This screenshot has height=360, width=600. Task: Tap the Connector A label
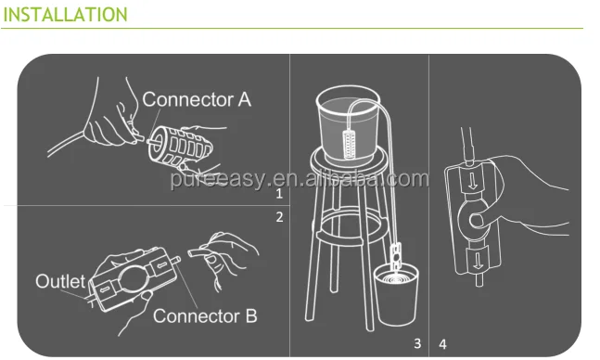(x=196, y=100)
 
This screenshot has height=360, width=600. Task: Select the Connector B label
(x=204, y=315)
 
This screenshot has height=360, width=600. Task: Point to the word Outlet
(x=60, y=280)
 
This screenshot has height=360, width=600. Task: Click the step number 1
(x=278, y=195)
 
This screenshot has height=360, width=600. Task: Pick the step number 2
(x=278, y=219)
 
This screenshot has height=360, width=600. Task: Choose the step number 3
(x=417, y=343)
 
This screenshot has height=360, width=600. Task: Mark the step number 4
(x=441, y=343)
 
